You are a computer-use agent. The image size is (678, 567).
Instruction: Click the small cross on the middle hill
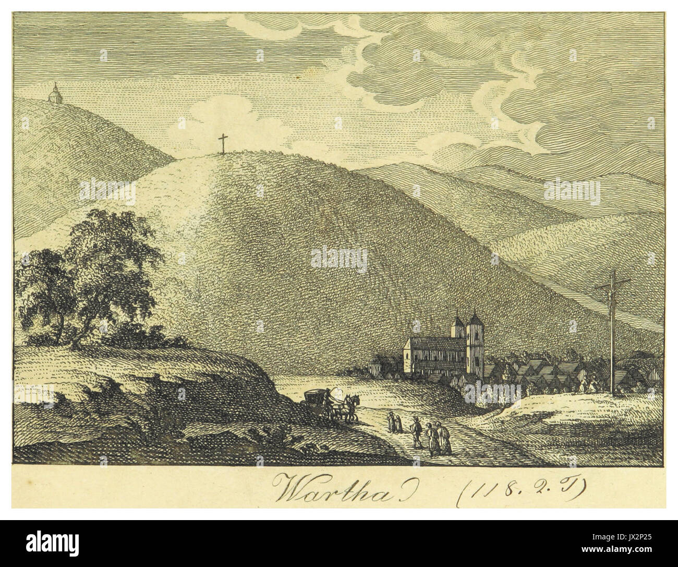pyautogui.click(x=224, y=143)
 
